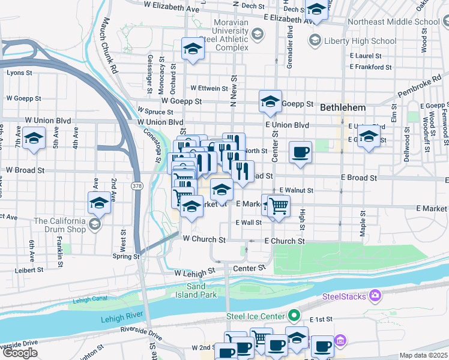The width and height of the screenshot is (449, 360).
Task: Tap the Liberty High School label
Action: tap(360, 41)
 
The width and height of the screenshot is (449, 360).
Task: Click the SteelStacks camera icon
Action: tap(375, 295)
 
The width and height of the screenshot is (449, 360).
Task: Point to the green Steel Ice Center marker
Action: tap(293, 314)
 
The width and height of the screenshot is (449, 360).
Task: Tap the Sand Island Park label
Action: tap(201, 290)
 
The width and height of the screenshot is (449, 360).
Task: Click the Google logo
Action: tap(19, 353)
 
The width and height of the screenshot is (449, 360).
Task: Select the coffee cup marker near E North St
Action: tap(300, 152)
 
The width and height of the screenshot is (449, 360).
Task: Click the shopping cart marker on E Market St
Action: tap(278, 206)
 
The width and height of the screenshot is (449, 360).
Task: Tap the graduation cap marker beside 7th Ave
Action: tap(34, 139)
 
